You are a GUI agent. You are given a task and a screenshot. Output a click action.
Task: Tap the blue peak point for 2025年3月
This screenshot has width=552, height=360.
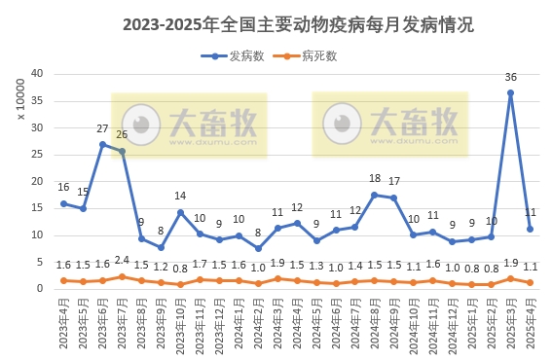point(510,93)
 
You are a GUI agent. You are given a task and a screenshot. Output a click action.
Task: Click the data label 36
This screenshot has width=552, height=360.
point(510,77)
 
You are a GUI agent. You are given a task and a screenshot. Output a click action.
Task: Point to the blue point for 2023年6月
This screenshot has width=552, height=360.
point(102,144)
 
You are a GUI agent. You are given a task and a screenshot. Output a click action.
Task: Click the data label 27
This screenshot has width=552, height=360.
point(102,128)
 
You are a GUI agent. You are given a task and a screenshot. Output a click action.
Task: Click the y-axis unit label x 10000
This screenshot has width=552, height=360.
point(20,102)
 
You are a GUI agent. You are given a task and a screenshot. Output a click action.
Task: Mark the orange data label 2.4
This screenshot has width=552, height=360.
point(122,260)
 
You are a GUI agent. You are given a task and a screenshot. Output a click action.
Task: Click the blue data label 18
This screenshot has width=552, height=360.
point(375,179)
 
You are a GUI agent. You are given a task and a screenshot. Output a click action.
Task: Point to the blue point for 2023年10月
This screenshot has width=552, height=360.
point(180,212)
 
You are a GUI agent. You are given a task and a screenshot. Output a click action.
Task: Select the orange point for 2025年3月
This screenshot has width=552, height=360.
point(510,278)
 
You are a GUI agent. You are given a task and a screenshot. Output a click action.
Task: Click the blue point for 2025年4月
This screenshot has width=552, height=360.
point(530,229)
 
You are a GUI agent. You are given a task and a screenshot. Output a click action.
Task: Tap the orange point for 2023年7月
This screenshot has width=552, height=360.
point(122,276)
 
